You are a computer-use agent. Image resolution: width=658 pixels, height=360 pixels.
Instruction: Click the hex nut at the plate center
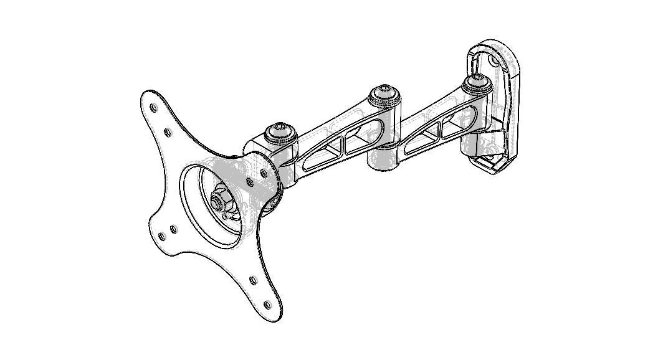pyautogui.click(x=219, y=201)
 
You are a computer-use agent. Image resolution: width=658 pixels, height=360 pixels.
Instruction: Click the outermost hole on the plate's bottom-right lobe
pyautogui.click(x=268, y=305)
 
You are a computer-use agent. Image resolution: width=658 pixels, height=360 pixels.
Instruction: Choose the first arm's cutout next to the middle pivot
pyautogui.click(x=359, y=138)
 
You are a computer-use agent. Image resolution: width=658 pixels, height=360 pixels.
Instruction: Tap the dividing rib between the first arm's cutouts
pyautogui.click(x=344, y=144)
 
